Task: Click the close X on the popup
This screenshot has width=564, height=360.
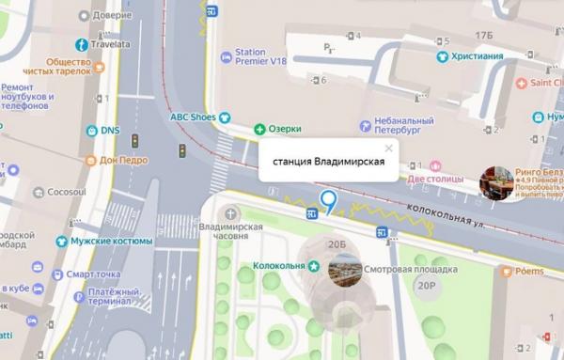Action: click(388, 148)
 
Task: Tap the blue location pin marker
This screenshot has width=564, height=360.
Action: click(328, 200)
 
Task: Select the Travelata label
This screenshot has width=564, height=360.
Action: click(111, 42)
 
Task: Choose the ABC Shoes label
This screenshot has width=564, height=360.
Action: click(193, 117)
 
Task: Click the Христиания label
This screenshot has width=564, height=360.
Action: click(477, 55)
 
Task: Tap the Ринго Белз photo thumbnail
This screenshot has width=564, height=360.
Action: click(495, 183)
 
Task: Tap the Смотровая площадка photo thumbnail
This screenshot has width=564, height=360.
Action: click(345, 271)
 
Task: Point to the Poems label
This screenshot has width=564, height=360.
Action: click(528, 271)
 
